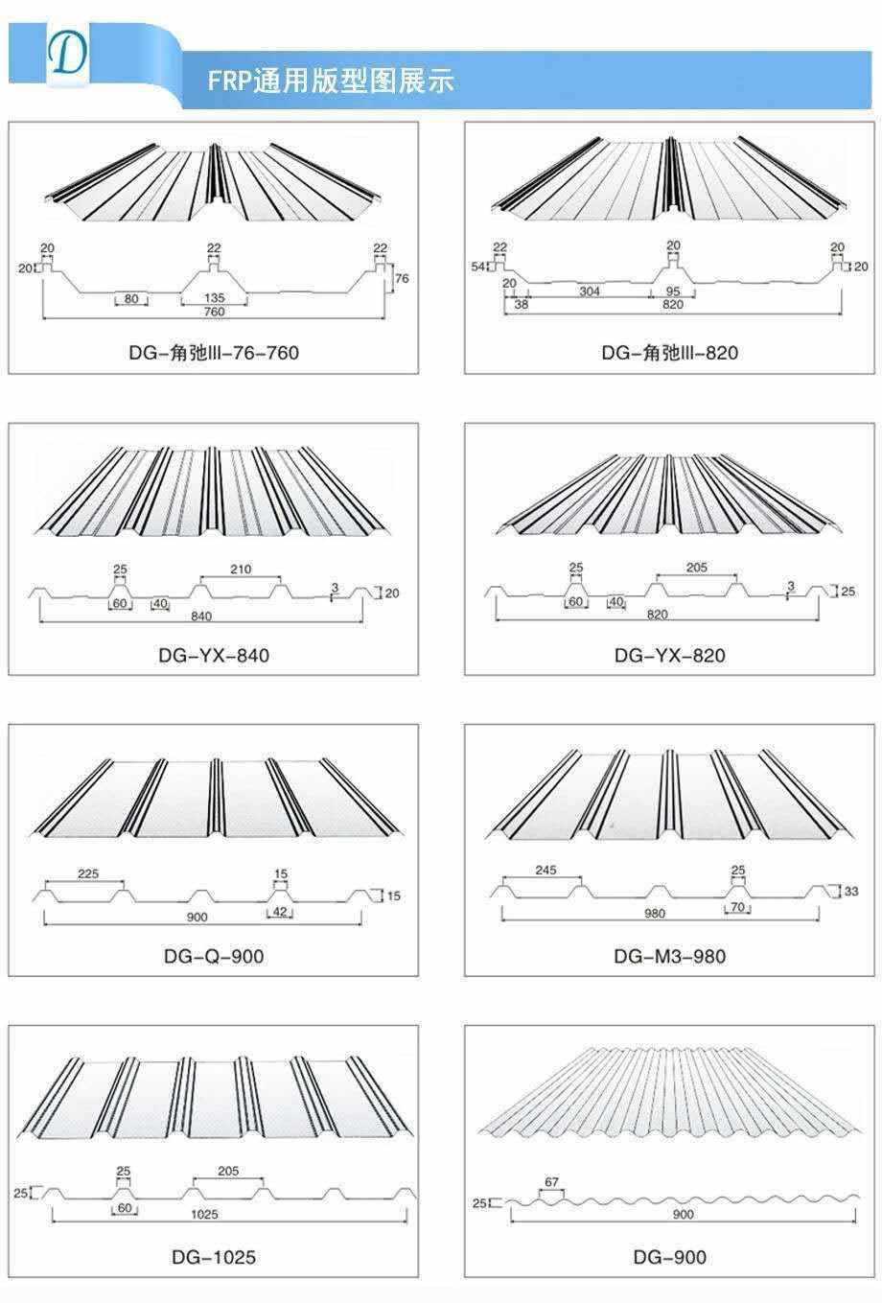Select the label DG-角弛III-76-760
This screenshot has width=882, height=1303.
[214, 353]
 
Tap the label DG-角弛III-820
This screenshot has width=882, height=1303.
[670, 353]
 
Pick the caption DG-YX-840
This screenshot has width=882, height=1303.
[214, 656]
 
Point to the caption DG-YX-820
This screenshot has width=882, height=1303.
[670, 656]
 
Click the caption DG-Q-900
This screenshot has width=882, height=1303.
[214, 956]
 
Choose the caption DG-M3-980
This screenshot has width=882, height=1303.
[670, 956]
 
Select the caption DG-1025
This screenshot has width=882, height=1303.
[214, 1257]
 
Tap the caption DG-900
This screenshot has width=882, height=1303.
[670, 1257]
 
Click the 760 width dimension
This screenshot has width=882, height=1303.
[214, 312]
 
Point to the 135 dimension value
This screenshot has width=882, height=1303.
[215, 298]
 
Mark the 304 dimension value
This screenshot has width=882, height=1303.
[589, 291]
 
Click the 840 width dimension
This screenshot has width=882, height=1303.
[202, 615]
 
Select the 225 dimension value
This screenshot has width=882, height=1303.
[87, 874]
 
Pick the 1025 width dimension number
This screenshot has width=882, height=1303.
[204, 1214]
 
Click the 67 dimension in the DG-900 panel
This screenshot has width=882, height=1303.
[551, 1182]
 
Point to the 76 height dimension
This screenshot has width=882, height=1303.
[402, 279]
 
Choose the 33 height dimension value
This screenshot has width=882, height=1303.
[851, 892]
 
